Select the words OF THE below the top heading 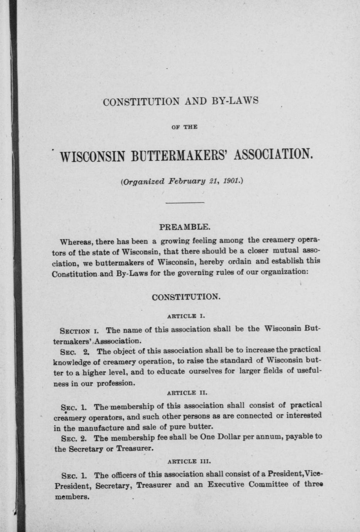(184, 127)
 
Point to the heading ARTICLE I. (186, 317)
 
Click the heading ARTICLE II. (187, 393)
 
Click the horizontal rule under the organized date (185, 202)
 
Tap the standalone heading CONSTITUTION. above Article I (186, 297)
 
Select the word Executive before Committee (226, 484)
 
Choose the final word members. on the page (72, 497)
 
